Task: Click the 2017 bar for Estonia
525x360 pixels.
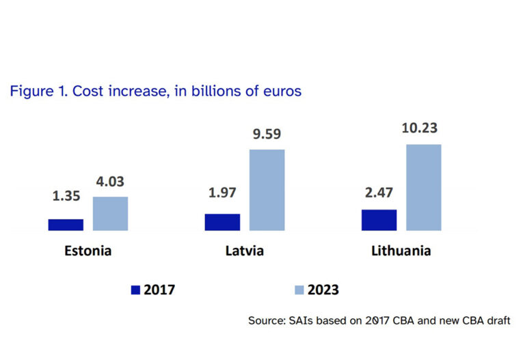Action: tap(66, 225)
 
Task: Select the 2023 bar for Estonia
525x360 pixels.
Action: tap(110, 214)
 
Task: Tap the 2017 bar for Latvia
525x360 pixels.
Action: tap(222, 222)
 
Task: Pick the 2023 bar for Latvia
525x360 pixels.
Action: tap(267, 190)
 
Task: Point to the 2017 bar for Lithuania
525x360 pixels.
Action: tap(379, 220)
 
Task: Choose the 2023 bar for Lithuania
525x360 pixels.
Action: tap(424, 187)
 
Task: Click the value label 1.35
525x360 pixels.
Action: tap(66, 195)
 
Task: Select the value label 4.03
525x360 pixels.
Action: tap(110, 182)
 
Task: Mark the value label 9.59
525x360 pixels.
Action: tap(267, 135)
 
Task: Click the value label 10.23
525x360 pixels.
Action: tap(424, 128)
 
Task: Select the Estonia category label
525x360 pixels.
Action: tap(88, 251)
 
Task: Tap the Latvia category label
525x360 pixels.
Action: tap(245, 251)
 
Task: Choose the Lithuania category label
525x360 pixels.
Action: tap(401, 251)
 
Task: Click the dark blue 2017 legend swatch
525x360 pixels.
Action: tap(135, 290)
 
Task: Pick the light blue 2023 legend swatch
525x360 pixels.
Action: tap(298, 290)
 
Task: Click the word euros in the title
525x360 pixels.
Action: tap(281, 91)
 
